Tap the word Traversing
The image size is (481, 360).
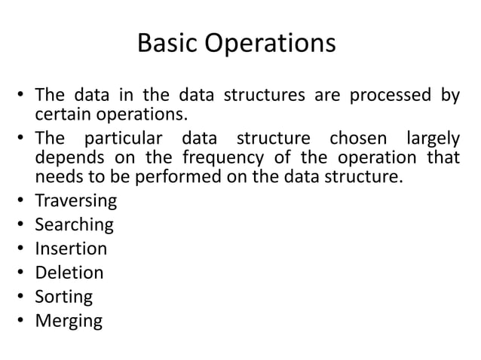click(x=76, y=202)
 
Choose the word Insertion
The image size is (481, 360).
click(x=71, y=249)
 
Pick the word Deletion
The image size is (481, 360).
click(x=69, y=273)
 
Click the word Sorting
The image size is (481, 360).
click(x=64, y=297)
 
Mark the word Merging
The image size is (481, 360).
click(x=69, y=322)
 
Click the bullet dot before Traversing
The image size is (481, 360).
click(x=23, y=202)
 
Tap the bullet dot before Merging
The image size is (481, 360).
click(x=23, y=321)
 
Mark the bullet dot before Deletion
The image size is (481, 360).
click(x=23, y=273)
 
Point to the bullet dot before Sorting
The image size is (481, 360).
click(x=23, y=297)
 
